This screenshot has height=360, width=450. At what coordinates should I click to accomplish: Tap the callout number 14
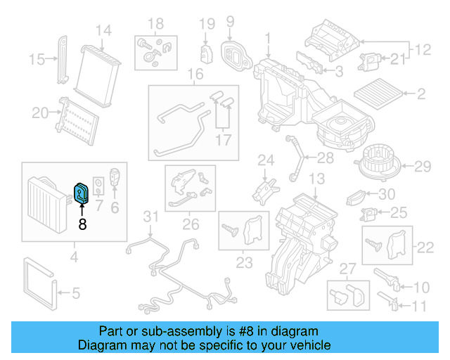103,30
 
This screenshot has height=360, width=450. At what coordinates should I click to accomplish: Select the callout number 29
422,167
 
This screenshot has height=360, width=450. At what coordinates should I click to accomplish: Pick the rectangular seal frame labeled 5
39,285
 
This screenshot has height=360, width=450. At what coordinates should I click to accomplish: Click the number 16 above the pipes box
195,75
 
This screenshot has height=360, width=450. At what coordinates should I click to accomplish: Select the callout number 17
223,139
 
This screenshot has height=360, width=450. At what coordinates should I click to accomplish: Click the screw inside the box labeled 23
231,229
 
